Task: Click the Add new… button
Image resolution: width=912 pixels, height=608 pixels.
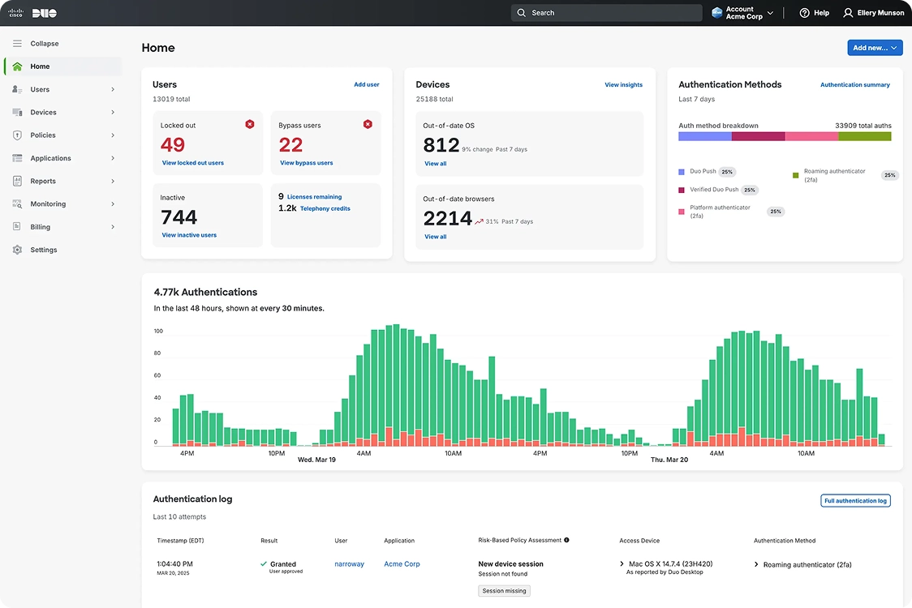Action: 875,48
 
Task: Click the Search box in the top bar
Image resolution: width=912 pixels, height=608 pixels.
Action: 607,13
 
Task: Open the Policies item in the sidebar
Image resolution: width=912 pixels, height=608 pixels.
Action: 43,135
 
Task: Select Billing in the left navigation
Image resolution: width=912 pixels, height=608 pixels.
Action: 40,227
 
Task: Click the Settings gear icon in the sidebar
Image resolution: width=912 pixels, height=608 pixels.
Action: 17,250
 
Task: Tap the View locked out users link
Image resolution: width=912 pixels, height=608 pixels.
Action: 192,163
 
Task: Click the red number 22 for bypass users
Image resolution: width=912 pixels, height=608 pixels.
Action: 290,145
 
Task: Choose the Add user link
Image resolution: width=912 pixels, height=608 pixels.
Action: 366,84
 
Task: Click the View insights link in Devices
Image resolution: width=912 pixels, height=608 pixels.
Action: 623,84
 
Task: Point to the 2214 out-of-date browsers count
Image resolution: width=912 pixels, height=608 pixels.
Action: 447,218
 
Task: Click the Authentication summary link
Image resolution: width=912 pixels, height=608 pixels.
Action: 854,84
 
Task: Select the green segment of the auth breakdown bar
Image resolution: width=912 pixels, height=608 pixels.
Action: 864,136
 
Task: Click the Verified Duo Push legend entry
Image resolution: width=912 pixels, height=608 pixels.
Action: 714,190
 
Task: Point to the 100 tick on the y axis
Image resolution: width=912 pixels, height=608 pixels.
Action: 158,331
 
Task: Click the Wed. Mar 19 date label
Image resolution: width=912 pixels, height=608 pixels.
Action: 316,460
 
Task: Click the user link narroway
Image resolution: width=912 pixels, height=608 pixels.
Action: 349,564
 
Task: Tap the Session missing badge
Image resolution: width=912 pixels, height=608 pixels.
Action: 504,591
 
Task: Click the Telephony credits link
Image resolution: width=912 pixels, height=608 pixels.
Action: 325,208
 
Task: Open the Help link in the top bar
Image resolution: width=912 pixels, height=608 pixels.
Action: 815,13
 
